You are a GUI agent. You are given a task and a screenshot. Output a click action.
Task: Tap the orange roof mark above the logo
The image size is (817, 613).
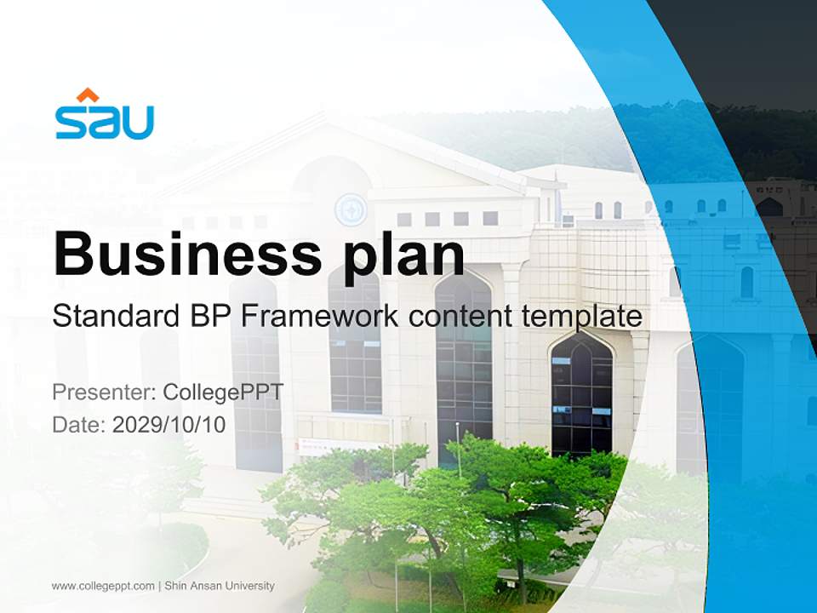88,95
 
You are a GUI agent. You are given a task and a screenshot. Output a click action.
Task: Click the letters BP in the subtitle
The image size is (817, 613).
210,317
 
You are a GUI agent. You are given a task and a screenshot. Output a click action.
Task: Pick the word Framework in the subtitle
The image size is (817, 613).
320,317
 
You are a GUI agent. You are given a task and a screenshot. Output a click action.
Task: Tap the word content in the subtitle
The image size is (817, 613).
461,317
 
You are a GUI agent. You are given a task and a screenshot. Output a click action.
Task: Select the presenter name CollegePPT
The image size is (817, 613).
223,392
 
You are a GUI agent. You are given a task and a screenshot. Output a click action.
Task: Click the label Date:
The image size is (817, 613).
79,424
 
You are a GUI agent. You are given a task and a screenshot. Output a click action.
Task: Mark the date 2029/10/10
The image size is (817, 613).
169,424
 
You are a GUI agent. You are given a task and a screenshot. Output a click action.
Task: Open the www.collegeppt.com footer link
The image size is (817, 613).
103,586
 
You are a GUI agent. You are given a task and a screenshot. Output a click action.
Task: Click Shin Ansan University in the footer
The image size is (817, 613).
220,586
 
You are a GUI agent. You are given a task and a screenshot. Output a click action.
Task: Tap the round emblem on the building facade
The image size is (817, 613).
350,209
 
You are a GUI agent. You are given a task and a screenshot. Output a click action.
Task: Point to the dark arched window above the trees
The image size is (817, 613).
581,392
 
